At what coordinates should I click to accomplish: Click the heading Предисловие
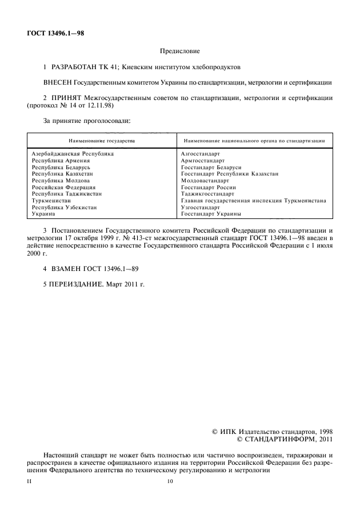click(180, 50)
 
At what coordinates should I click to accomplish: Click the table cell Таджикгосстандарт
click(208, 194)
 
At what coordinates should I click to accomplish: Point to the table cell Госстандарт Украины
click(210, 214)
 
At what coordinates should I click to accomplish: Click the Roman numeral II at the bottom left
click(29, 481)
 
